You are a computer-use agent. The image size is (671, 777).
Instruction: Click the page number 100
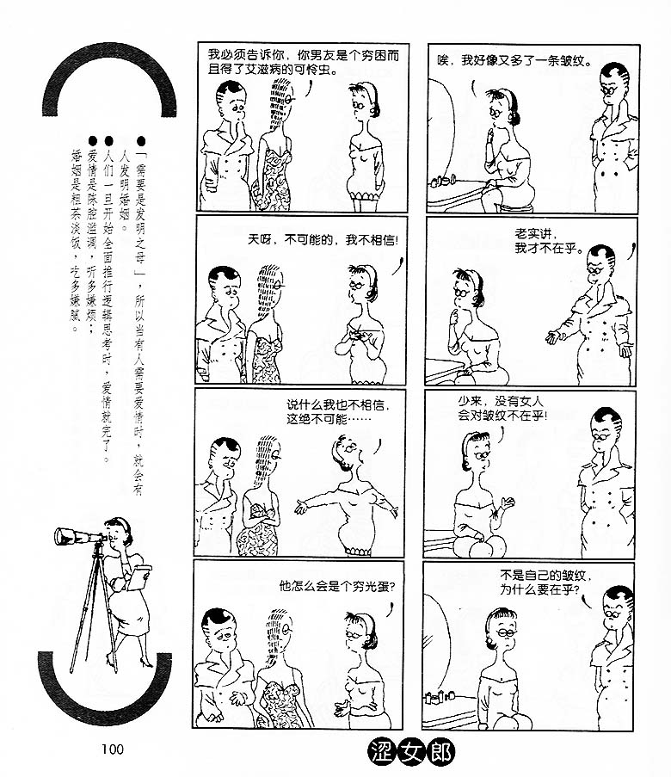point(113,749)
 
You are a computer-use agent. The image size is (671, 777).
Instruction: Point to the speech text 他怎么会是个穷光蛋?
point(337,586)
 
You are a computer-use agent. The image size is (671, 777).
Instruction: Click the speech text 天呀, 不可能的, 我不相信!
point(323,240)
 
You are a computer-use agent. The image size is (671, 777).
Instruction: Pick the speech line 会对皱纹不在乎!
point(502,416)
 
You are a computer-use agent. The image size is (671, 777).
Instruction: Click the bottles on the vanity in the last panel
point(440,697)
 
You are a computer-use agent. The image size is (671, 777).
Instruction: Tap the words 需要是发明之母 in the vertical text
point(141,210)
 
